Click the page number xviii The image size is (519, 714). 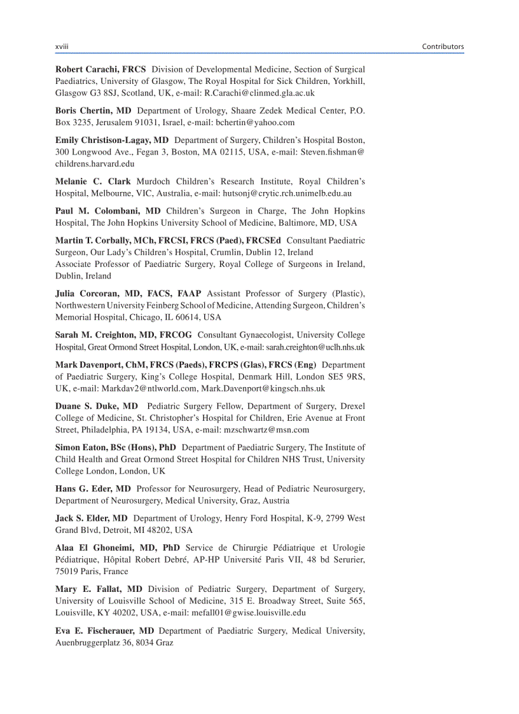click(x=62, y=46)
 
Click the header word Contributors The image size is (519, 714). click(x=443, y=46)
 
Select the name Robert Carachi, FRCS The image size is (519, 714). click(x=100, y=69)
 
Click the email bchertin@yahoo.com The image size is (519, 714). click(x=255, y=122)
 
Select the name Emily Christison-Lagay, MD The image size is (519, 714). click(x=112, y=139)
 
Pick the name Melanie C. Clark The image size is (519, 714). click(x=93, y=181)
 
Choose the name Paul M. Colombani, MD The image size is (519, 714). click(x=108, y=210)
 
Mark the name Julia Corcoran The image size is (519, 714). click(x=88, y=293)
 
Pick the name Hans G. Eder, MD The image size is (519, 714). click(x=93, y=488)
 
